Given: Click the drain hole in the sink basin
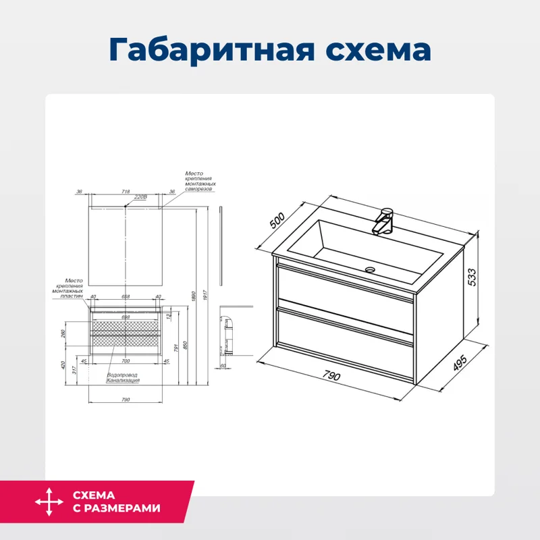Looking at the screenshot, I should pos(370,269).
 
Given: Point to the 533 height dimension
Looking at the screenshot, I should pos(473,277).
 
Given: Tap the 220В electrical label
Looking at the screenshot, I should pos(140,197).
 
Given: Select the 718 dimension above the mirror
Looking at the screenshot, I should pos(126,192).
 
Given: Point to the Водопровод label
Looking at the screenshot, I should pos(122,375).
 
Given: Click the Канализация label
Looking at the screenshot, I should pos(123,381).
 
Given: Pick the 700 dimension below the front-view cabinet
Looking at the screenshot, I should pos(126,362).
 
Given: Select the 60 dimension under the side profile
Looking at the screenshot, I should pos(222,366).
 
